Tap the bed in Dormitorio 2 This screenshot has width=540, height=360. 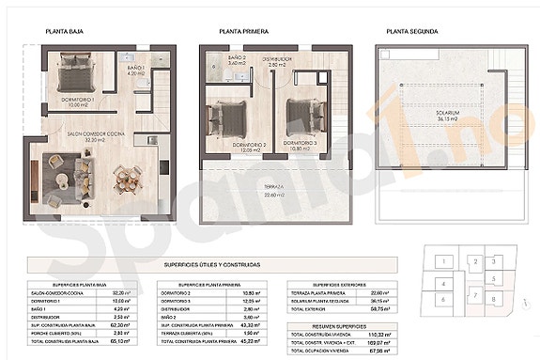[x=227, y=117]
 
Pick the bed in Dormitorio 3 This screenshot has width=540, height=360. [x=300, y=111]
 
